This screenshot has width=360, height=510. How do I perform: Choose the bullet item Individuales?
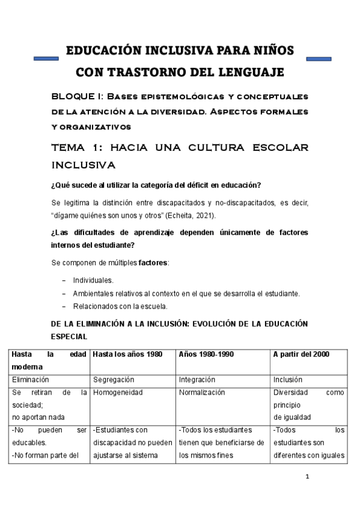[93, 280]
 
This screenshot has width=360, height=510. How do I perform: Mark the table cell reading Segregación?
[114, 380]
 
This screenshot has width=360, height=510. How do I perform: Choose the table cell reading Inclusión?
[288, 380]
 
